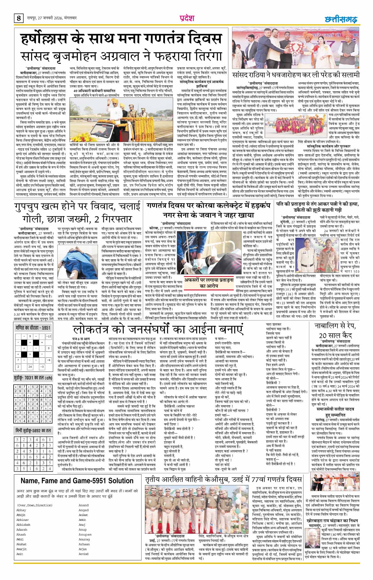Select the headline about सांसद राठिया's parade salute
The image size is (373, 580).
pyautogui.click(x=296, y=75)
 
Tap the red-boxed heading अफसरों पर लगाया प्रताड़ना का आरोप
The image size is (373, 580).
pyautogui.click(x=209, y=283)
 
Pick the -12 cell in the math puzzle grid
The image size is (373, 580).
pyautogui.click(x=49, y=336)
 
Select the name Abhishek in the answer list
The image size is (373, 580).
pyautogui.click(x=23, y=525)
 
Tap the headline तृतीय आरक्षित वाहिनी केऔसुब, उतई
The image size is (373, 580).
pyautogui.click(x=223, y=480)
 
